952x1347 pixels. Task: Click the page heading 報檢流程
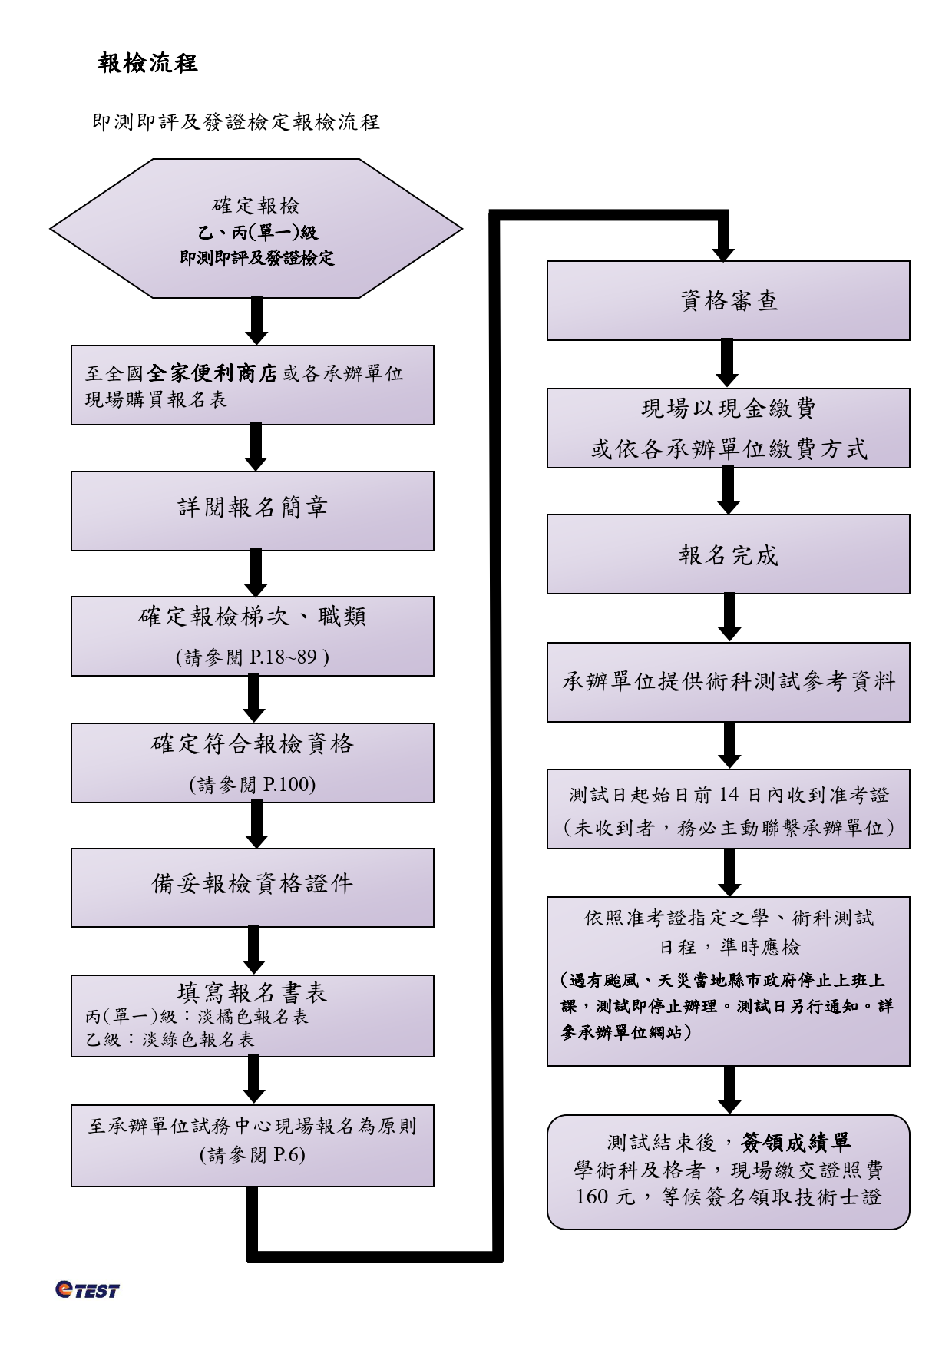(x=147, y=63)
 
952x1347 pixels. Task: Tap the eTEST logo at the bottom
(x=87, y=1289)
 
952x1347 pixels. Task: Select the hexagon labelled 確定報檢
(x=256, y=228)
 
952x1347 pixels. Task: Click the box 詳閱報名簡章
(x=253, y=511)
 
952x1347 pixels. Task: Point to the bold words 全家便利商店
(x=212, y=374)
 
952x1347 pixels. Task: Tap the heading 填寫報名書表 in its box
(x=253, y=993)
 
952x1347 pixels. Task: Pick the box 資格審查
(x=728, y=300)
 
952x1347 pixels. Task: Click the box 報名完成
(x=728, y=554)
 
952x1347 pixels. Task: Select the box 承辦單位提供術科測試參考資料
(x=728, y=682)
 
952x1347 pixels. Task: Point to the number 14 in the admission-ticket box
(x=729, y=796)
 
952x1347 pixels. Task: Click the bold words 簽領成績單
(x=796, y=1143)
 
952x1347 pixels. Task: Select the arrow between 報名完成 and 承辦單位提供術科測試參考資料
(x=729, y=617)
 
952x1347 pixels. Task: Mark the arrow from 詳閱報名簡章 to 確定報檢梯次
(x=256, y=573)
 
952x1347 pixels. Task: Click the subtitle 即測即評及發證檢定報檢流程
(x=236, y=122)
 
